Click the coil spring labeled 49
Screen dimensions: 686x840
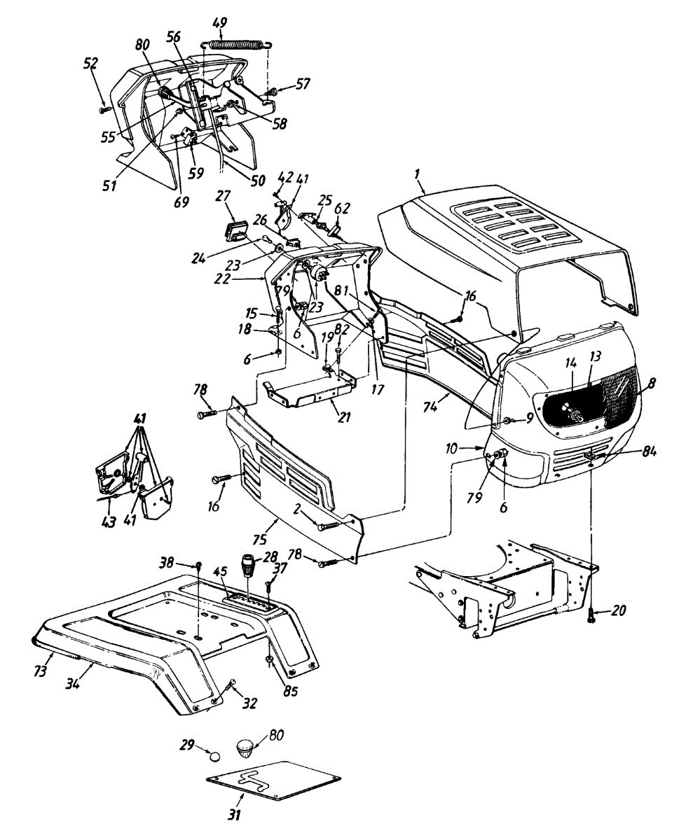click(x=237, y=44)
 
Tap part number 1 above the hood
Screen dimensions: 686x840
click(x=417, y=174)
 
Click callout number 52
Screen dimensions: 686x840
click(x=91, y=63)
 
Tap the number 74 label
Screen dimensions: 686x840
click(x=430, y=407)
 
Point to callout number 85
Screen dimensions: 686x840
click(x=290, y=691)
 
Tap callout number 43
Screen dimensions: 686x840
click(x=109, y=521)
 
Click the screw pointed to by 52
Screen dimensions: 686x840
click(x=105, y=108)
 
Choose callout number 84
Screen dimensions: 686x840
click(x=647, y=451)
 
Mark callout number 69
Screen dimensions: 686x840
click(x=181, y=202)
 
